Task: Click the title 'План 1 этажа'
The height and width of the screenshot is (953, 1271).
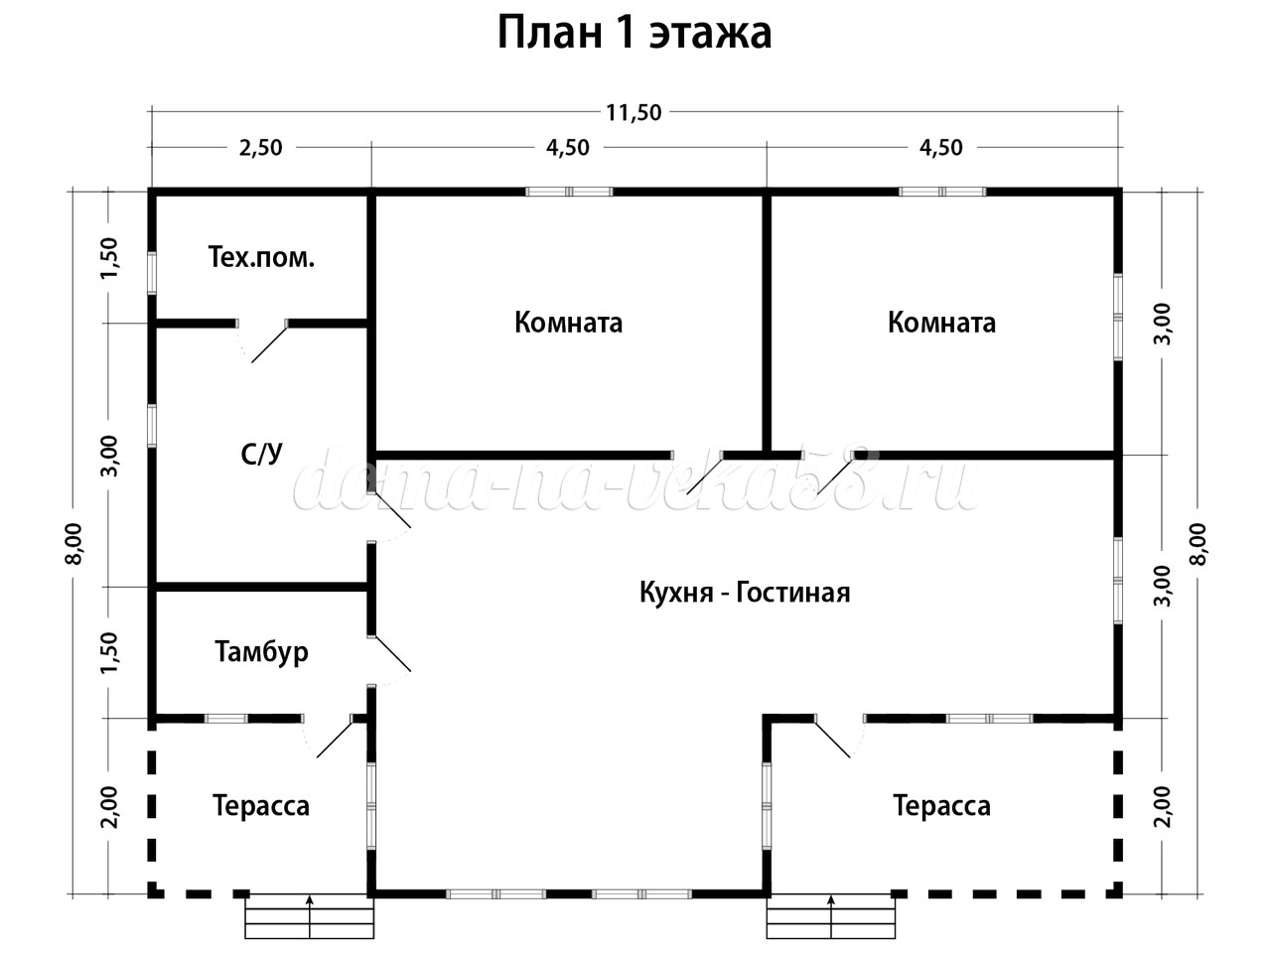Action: coord(634,32)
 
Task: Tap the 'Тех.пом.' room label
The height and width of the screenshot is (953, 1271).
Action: coord(261,258)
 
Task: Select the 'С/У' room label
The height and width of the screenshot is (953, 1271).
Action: coord(262,455)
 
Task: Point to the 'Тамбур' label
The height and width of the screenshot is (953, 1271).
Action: coord(261,652)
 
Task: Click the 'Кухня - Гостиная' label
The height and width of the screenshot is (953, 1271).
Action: coord(745,593)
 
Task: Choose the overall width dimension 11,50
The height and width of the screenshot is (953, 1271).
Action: coord(634,112)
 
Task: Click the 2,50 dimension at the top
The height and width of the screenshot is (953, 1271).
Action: coord(261,148)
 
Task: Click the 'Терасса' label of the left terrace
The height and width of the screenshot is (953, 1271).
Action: coord(261,805)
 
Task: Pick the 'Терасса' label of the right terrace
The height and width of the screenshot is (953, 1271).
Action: coord(941,805)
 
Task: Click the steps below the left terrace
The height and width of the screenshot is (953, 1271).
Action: coord(310,916)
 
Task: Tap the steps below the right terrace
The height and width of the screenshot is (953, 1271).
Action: coord(831,916)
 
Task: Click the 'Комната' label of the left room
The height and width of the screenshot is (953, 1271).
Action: coord(568,323)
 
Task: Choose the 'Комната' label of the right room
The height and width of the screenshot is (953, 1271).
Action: coord(941,323)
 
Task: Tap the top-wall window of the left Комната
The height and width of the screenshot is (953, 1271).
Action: coord(568,192)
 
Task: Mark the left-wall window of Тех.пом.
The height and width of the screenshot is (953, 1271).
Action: coord(152,270)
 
